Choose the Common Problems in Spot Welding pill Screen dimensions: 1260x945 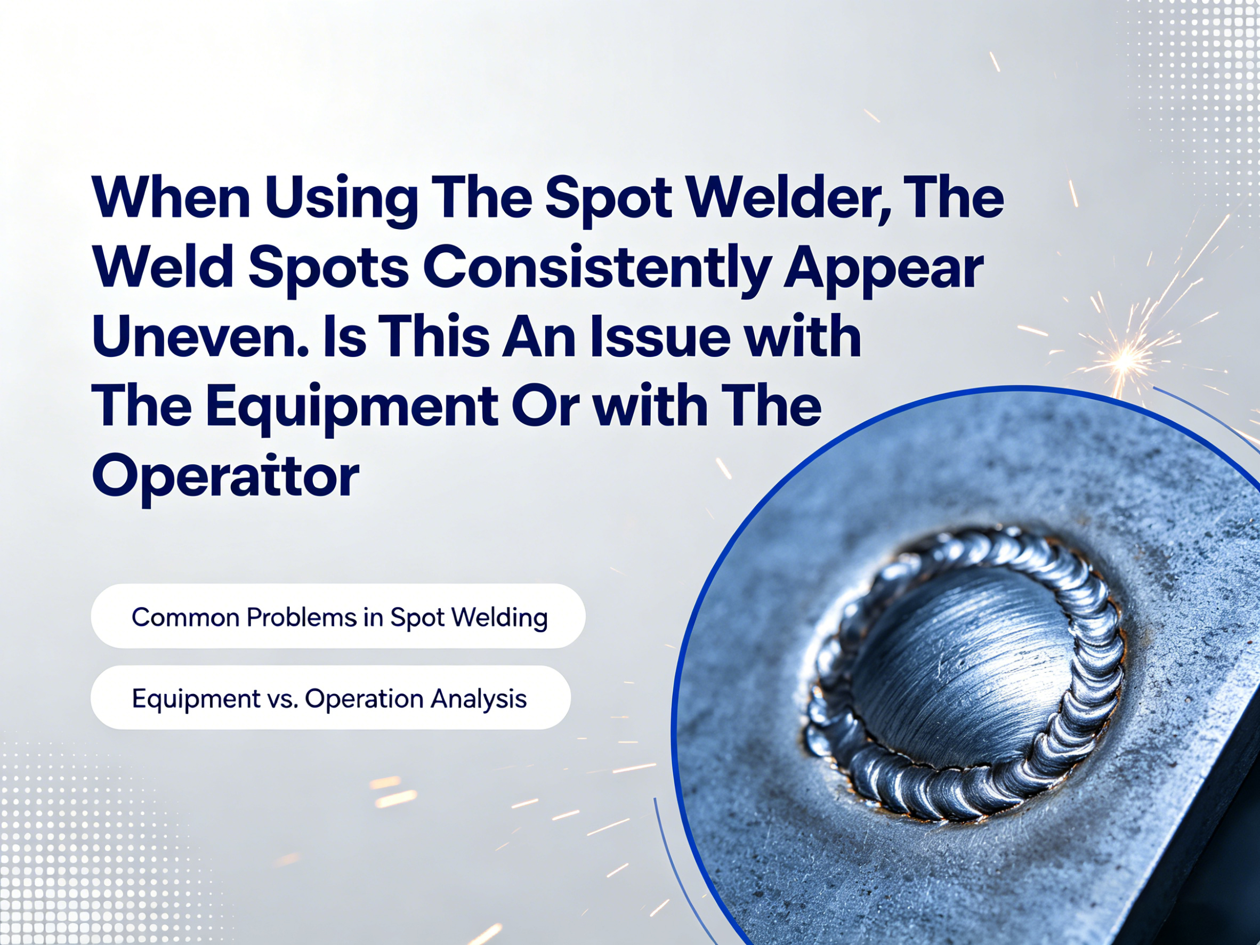coord(338,616)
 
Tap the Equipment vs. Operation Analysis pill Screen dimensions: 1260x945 coord(331,697)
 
